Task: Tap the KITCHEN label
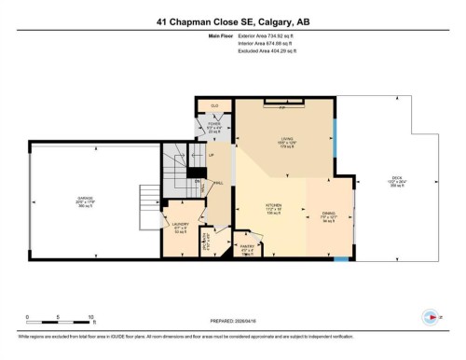(273, 206)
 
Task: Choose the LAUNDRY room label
(181, 226)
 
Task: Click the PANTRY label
(247, 247)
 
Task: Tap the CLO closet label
(214, 105)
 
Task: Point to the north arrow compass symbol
(428, 315)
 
